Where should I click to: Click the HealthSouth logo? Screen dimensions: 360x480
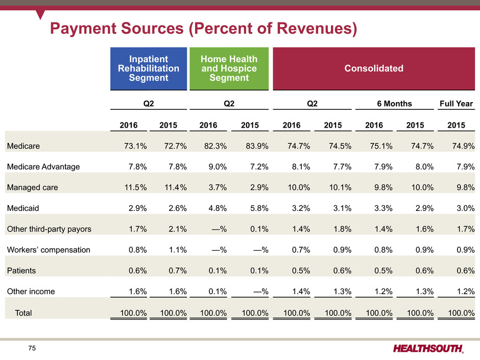point(428,348)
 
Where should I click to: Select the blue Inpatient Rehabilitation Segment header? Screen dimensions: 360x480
point(148,68)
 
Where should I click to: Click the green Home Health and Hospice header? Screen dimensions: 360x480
point(229,68)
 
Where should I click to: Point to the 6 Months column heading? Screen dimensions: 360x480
point(395,104)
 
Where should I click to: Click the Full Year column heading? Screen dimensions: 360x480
point(457,104)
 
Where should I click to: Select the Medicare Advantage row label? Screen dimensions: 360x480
point(43,166)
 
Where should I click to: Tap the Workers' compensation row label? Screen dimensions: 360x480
point(49,250)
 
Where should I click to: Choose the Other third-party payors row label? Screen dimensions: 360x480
point(49,229)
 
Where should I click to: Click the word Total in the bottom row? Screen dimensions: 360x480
point(23,313)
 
